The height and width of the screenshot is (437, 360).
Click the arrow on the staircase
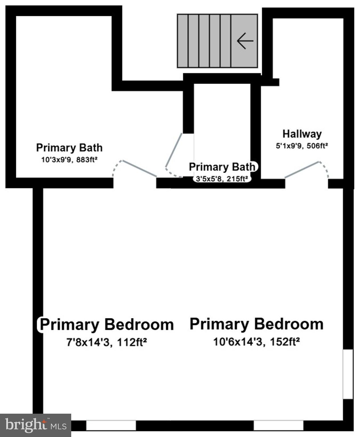tap(245, 41)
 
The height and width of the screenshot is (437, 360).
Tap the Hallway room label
tap(302, 134)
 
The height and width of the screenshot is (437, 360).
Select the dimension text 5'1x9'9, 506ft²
tap(302, 146)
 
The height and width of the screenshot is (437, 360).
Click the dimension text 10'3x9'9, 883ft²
tap(69, 160)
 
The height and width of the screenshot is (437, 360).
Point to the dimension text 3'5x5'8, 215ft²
tap(222, 179)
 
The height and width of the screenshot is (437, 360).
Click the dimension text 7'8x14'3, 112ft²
tap(107, 342)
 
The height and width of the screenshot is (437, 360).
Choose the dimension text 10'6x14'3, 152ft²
tap(256, 341)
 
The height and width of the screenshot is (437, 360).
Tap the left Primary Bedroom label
tap(107, 324)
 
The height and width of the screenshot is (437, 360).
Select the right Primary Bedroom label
tap(256, 324)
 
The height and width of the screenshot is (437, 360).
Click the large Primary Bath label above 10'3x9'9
tap(69, 148)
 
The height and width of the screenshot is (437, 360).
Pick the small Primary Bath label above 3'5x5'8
tap(222, 167)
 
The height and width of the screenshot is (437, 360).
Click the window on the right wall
tap(348, 374)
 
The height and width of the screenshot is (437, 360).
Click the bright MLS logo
tap(36, 425)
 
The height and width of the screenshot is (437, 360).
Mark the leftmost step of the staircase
tap(183, 41)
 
